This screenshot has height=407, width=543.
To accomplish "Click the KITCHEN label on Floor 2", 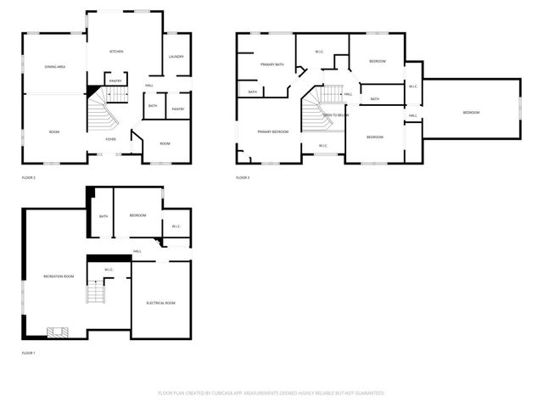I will point(116,52).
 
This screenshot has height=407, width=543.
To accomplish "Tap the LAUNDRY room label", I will point(176,57).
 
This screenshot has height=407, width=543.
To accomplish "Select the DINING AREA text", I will point(56,66).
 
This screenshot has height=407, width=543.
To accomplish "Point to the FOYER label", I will point(110,139).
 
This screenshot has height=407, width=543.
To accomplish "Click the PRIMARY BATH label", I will point(272,64).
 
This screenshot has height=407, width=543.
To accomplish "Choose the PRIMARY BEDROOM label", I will point(274,132).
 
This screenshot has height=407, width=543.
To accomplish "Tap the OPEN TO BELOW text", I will point(335,114).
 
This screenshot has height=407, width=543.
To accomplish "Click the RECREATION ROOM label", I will point(59,276).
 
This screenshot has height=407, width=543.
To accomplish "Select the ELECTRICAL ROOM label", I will point(160,303).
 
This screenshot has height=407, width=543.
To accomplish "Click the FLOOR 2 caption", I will point(29,178).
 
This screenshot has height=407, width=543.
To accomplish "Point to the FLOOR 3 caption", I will point(243,178).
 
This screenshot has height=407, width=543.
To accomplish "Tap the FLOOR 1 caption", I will point(29,353).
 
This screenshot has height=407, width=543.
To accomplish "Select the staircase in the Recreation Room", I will point(94,294).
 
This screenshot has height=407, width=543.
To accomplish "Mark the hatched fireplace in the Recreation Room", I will point(58,332).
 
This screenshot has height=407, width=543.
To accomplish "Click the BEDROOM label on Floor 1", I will point(138,215).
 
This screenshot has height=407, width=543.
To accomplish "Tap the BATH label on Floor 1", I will point(104,216).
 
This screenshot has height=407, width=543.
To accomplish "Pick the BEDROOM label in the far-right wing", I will point(471,113).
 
